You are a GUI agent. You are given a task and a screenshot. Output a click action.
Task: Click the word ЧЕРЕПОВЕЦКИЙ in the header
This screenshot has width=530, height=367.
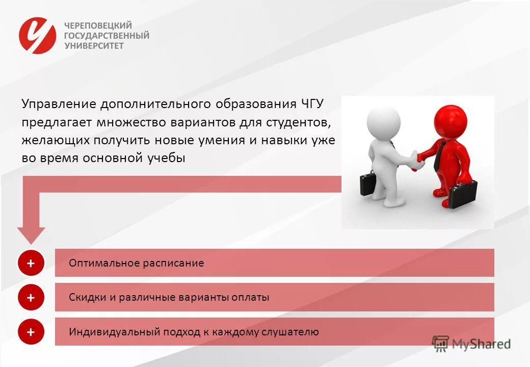pyautogui.click(x=97, y=25)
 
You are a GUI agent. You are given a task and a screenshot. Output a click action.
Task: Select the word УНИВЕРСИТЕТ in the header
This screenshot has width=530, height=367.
pyautogui.click(x=94, y=45)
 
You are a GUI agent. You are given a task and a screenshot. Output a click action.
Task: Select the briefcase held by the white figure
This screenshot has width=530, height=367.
pyautogui.click(x=368, y=184)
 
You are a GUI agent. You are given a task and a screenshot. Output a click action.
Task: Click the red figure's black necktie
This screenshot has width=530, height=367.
pyautogui.click(x=438, y=155)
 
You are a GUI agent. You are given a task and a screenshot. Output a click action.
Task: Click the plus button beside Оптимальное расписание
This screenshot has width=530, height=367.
pyautogui.click(x=31, y=264)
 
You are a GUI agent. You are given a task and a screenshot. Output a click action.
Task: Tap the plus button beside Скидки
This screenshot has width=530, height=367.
pyautogui.click(x=31, y=298)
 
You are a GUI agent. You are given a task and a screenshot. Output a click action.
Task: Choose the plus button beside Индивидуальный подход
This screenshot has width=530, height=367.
pyautogui.click(x=31, y=332)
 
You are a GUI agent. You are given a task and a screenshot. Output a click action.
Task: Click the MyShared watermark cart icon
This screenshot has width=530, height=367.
pyautogui.click(x=441, y=343)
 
